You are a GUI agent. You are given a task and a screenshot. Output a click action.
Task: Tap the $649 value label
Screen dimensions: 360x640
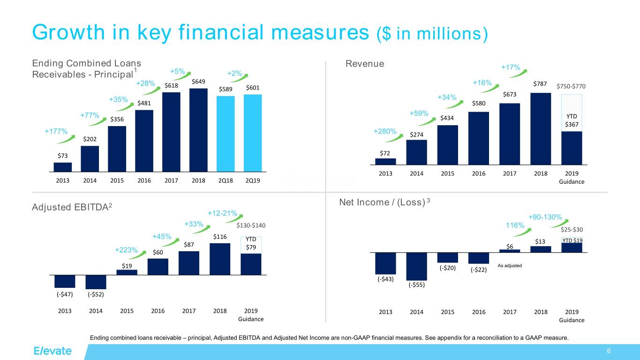(199, 82)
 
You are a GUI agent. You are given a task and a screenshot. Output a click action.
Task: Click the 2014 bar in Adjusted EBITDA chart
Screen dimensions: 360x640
(96, 282)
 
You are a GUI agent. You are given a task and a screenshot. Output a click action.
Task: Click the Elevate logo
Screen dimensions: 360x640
(53, 351)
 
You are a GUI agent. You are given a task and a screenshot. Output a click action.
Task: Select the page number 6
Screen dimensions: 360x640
(608, 352)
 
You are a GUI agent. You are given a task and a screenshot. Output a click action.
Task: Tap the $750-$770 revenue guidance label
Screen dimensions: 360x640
(570, 86)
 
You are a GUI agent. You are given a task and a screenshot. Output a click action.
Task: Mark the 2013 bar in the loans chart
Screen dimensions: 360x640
(63, 167)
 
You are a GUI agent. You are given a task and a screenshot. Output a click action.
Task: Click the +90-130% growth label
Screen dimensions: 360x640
(545, 217)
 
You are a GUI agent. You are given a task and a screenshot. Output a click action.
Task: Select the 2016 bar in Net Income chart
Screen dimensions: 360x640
(479, 258)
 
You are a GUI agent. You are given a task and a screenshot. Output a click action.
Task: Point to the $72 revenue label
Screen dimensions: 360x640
(385, 153)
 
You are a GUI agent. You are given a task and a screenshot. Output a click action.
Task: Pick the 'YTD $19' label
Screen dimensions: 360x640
(572, 240)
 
